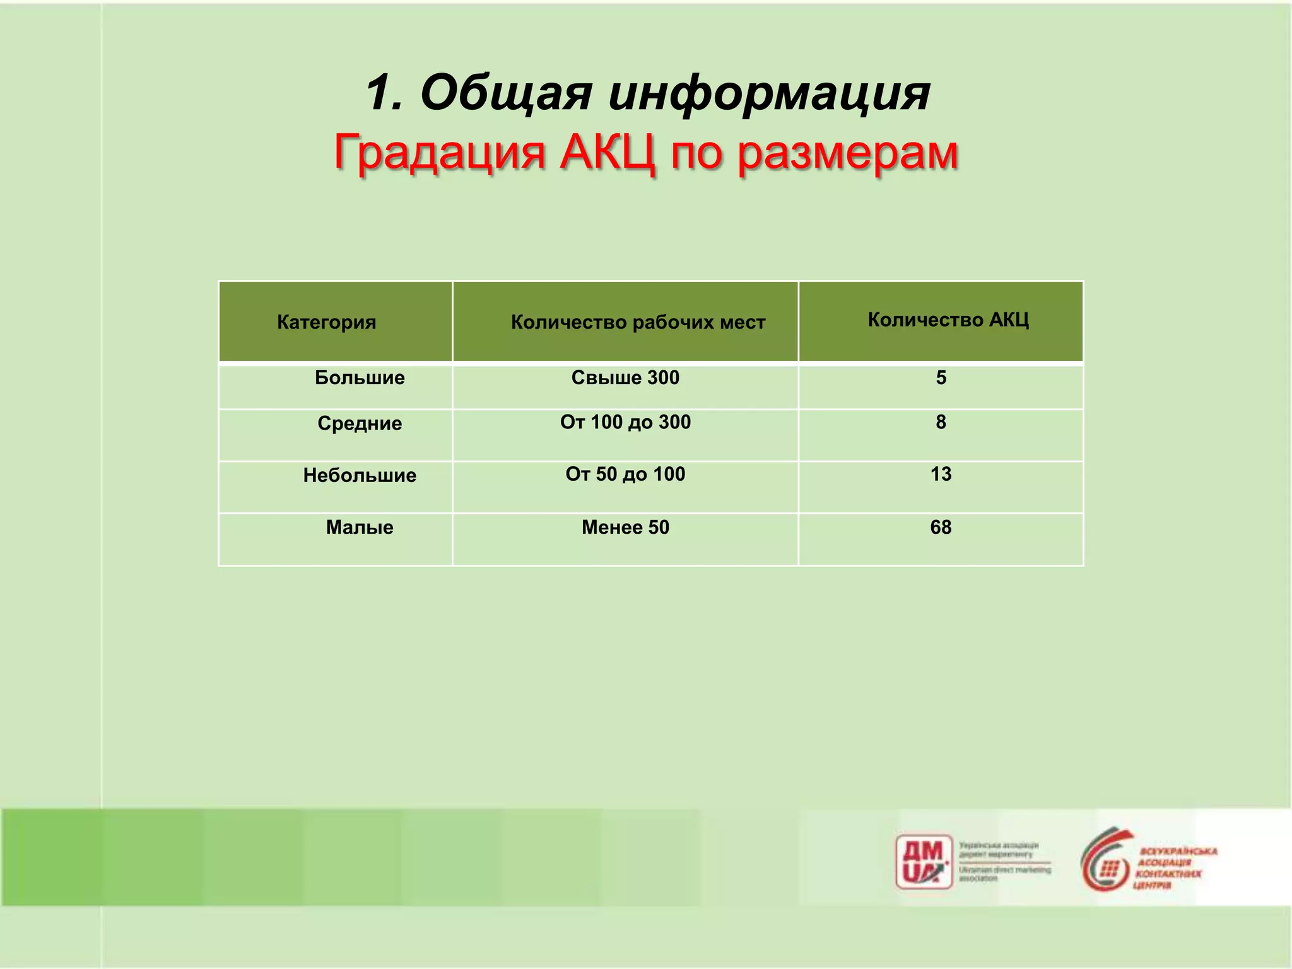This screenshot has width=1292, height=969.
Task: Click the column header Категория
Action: [x=326, y=322]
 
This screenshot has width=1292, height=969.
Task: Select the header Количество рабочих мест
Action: [x=638, y=322]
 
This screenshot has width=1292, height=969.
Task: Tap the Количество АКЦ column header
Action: [x=948, y=320]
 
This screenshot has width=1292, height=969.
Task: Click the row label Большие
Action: [x=360, y=378]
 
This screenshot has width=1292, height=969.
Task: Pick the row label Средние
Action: [x=360, y=423]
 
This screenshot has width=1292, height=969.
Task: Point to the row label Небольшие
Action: [x=360, y=475]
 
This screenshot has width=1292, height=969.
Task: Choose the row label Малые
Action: [x=360, y=527]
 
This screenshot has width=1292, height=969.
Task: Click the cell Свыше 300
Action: [x=625, y=378]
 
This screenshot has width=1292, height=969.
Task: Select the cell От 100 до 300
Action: [x=625, y=422]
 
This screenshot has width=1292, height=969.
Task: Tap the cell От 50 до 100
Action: [x=625, y=474]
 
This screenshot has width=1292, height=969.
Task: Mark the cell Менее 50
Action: [x=625, y=527]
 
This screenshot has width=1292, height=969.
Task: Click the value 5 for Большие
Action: [x=941, y=378]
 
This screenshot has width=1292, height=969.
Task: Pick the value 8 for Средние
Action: [x=941, y=422]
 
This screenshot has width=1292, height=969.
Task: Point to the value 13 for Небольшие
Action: [x=941, y=474]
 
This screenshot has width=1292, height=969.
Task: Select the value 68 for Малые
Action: [x=941, y=527]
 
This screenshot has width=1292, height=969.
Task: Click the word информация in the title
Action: [x=769, y=93]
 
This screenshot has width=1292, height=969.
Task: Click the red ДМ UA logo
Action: [x=924, y=862]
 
